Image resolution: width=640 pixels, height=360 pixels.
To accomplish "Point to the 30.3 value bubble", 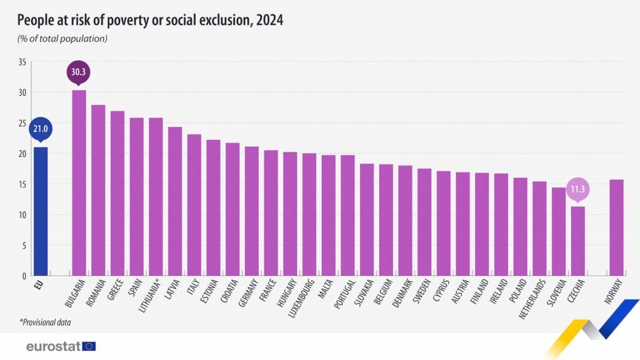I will [79, 71].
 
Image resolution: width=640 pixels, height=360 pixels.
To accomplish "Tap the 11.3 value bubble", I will [577, 188].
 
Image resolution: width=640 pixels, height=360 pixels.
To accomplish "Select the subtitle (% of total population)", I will [62, 39].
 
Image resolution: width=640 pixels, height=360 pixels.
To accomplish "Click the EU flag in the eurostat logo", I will [89, 346].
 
